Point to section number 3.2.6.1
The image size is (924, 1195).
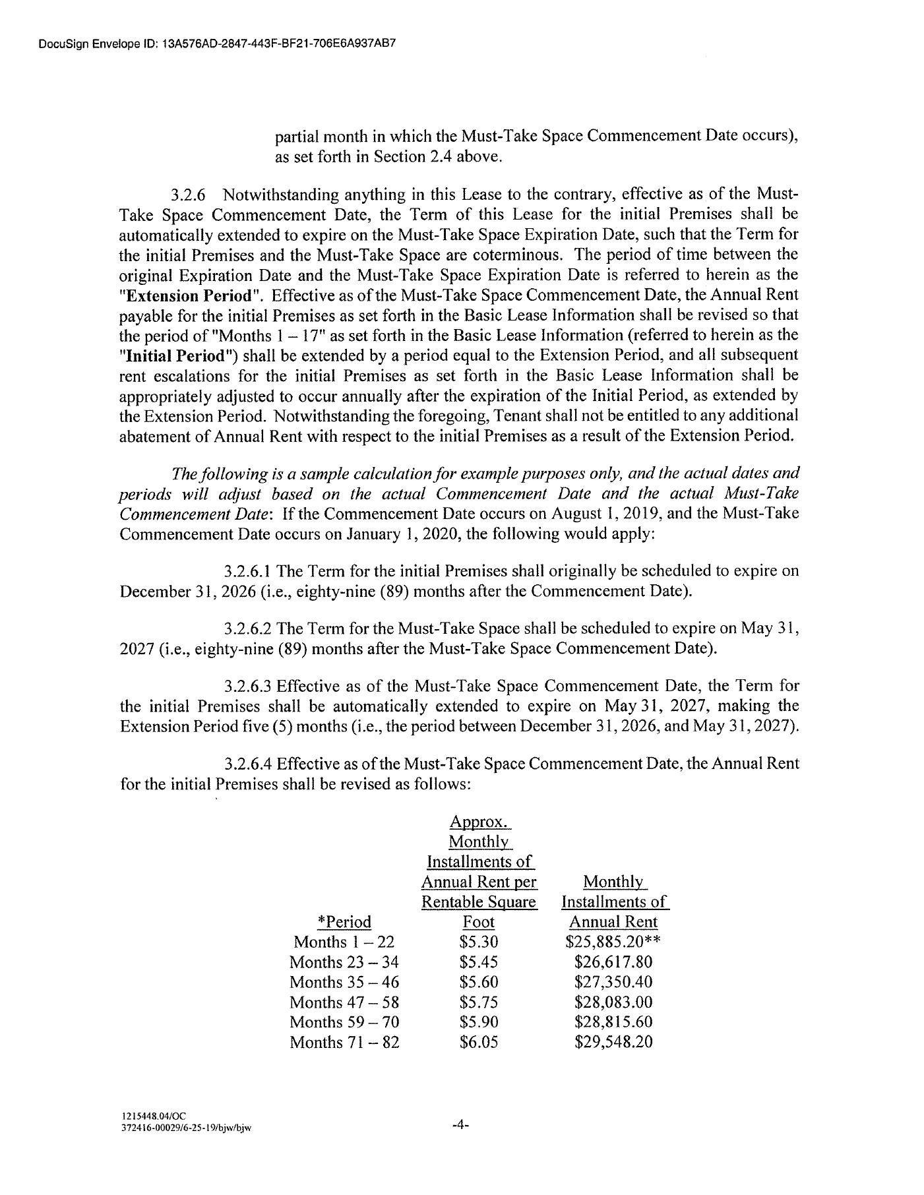tap(248, 570)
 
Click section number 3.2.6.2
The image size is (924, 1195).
tap(248, 628)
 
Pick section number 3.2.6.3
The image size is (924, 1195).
tap(248, 685)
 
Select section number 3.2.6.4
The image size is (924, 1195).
tap(248, 764)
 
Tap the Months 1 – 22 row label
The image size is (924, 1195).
tap(344, 942)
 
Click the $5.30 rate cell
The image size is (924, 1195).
tap(479, 942)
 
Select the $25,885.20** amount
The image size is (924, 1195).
tap(613, 942)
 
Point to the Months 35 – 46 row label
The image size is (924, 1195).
tap(344, 982)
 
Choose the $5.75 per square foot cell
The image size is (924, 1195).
tap(479, 1002)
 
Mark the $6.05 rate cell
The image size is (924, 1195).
tap(479, 1042)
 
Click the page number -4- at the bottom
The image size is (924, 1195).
tap(460, 1126)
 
